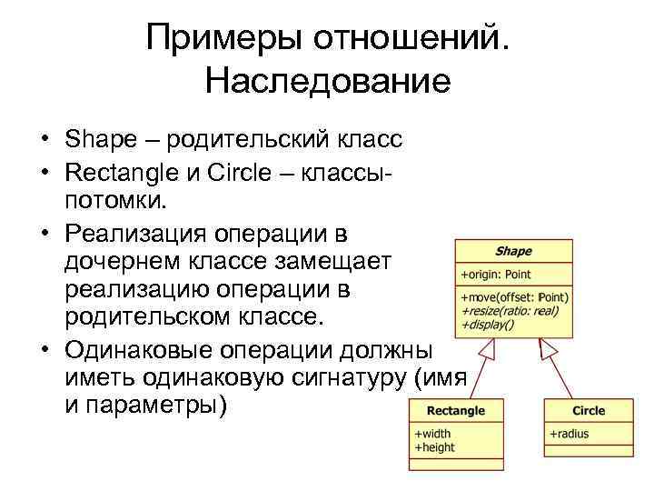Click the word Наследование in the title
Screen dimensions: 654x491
[327, 82]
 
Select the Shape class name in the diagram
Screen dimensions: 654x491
[513, 251]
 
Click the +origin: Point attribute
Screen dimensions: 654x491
[496, 274]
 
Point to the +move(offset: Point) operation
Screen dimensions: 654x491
[514, 297]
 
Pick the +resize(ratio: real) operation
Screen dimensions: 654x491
[510, 310]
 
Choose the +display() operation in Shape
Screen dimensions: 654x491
[488, 323]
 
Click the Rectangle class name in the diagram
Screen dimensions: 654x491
[455, 411]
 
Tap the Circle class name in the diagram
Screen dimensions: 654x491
[589, 411]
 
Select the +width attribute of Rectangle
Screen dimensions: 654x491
[433, 434]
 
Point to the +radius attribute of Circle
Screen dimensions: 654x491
[569, 434]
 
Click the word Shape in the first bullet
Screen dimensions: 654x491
[97, 142]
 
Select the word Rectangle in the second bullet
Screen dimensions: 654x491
[123, 171]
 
